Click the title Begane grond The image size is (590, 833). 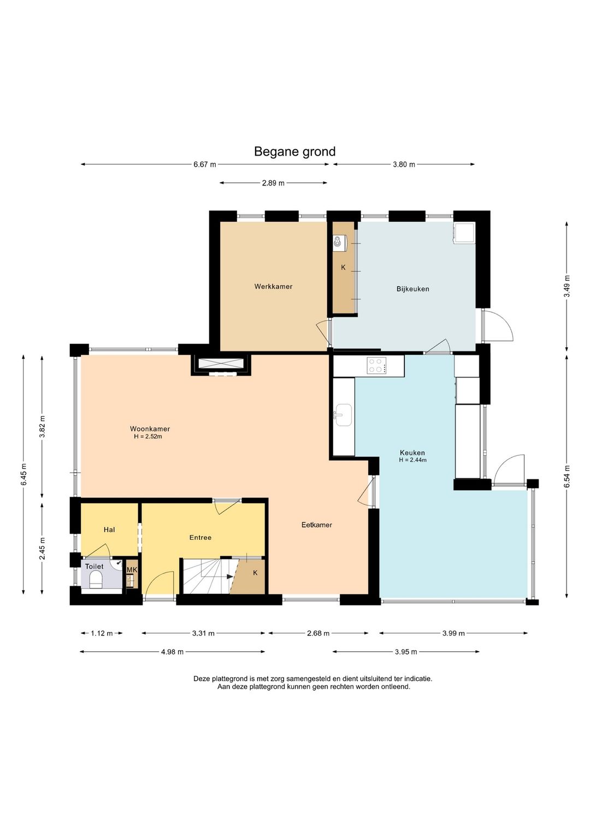[295, 152]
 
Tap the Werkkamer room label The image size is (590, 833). [273, 287]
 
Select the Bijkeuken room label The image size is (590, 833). [413, 289]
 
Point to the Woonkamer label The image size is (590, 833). [150, 429]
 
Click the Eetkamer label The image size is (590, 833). [316, 525]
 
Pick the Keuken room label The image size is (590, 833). [412, 453]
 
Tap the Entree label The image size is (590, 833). [200, 537]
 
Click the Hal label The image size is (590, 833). [109, 529]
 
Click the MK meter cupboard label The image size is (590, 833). [132, 570]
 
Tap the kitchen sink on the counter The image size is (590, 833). [343, 415]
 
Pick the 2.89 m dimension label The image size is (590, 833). [273, 183]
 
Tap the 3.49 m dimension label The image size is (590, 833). [567, 287]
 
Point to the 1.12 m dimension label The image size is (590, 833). [102, 633]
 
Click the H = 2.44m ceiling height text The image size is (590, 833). [413, 460]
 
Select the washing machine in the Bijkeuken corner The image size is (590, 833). [464, 233]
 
